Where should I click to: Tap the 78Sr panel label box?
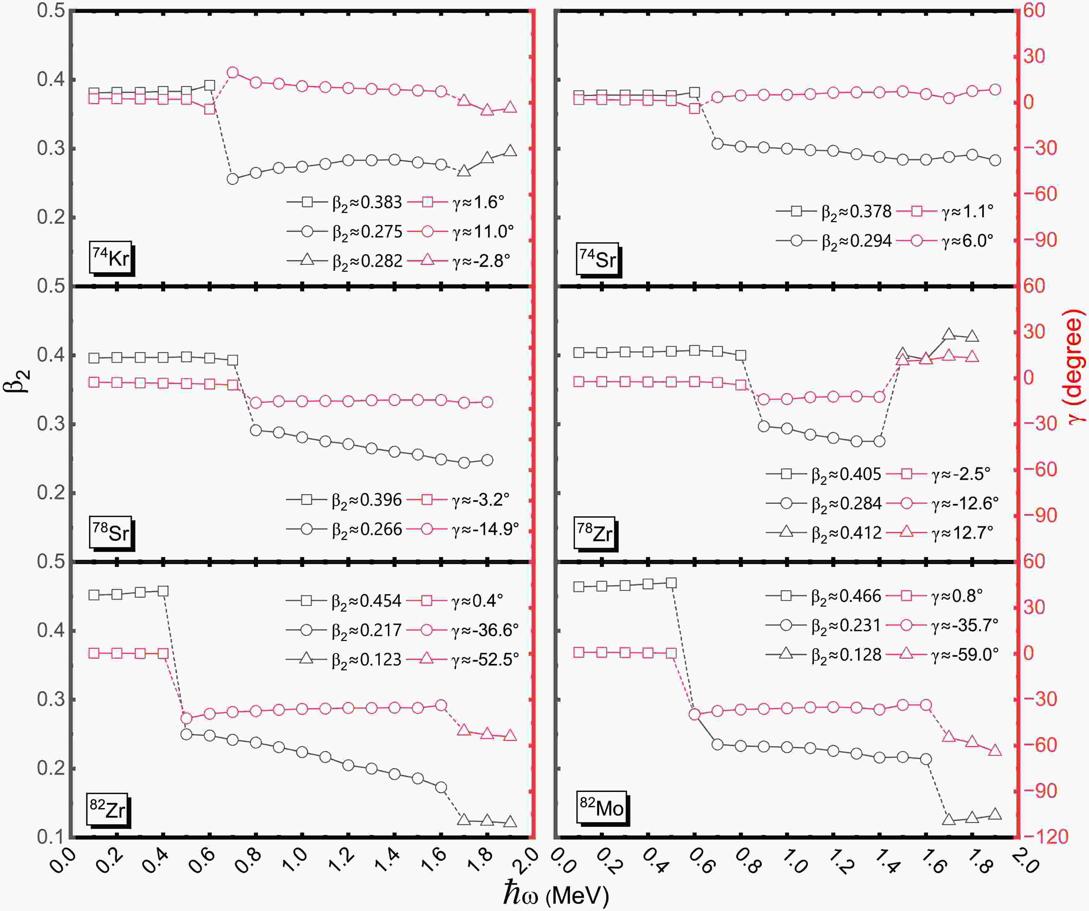[x=110, y=532]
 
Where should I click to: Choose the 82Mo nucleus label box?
[x=602, y=807]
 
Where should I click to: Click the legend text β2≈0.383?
[x=367, y=202]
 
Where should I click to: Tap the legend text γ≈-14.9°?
[x=485, y=529]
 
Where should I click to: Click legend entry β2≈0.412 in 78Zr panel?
[x=846, y=532]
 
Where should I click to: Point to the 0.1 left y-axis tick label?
[x=50, y=837]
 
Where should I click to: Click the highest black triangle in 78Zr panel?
[x=949, y=334]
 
